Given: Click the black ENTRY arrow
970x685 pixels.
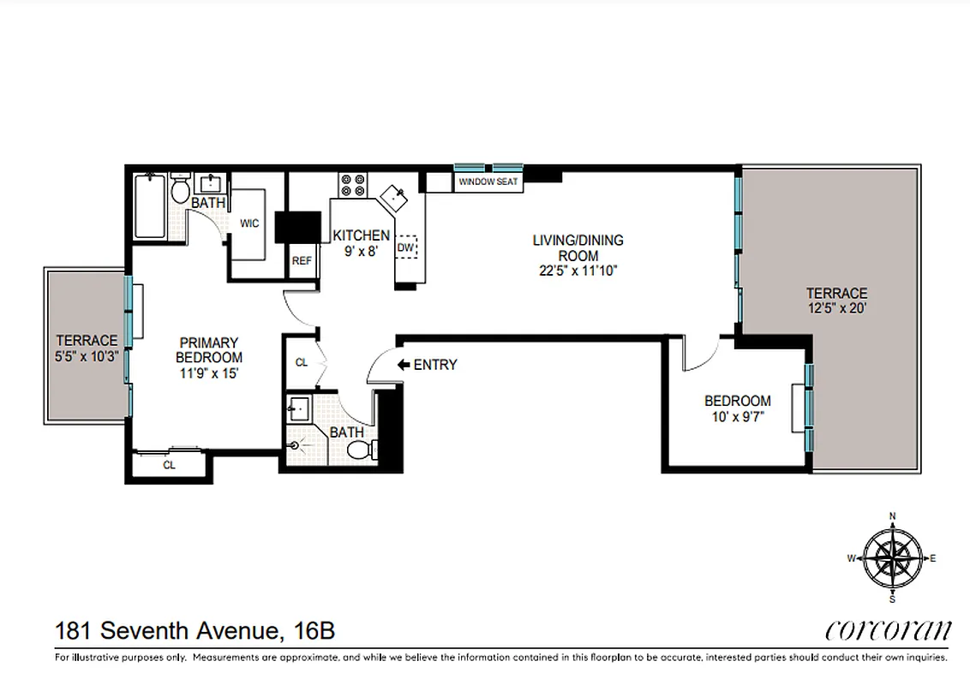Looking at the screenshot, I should [404, 365].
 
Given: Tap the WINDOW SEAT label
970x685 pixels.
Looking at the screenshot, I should [488, 182].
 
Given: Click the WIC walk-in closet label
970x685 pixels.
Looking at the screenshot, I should [249, 223].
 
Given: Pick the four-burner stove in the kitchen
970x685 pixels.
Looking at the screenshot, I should [352, 186].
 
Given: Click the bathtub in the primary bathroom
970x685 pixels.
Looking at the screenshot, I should [151, 206].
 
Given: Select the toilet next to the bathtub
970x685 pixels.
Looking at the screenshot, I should [181, 188].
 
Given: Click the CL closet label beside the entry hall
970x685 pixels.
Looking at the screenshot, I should [302, 363].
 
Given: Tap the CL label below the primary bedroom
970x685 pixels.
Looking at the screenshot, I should [169, 465].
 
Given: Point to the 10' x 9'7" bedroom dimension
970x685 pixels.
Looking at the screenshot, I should [737, 417].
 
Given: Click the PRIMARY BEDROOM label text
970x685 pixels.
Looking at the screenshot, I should [208, 349].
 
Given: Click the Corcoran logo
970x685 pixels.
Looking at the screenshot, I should [888, 631].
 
